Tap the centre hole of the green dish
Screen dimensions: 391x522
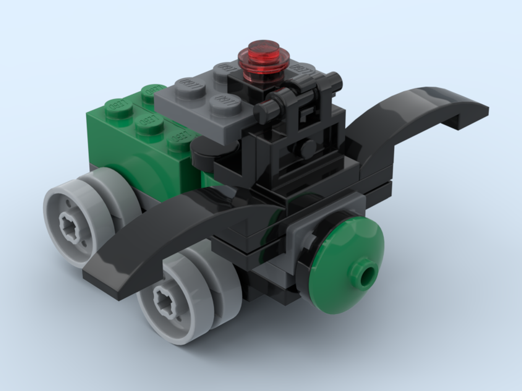(x=369, y=274)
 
